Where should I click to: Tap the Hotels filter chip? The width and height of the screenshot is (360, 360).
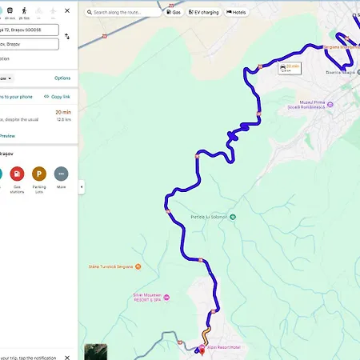click(x=237, y=13)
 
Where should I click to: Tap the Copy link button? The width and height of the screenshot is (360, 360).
click(x=56, y=96)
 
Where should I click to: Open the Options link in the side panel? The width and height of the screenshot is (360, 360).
click(x=62, y=78)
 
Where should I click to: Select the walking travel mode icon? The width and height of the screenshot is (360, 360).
click(x=26, y=11)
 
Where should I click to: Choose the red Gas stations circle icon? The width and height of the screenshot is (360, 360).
click(x=16, y=174)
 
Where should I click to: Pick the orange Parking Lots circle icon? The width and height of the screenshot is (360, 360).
click(x=38, y=174)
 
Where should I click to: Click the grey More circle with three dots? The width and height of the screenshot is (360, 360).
click(x=61, y=174)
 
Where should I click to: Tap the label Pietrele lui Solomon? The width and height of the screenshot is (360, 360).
click(x=211, y=217)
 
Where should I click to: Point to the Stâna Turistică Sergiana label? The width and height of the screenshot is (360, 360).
click(x=112, y=266)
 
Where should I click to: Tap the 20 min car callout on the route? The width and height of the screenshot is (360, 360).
click(x=289, y=68)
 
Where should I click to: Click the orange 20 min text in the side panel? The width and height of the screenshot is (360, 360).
click(x=62, y=112)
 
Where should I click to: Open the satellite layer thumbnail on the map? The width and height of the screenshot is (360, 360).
click(x=95, y=351)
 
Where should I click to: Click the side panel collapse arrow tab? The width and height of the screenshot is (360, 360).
click(x=80, y=186)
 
